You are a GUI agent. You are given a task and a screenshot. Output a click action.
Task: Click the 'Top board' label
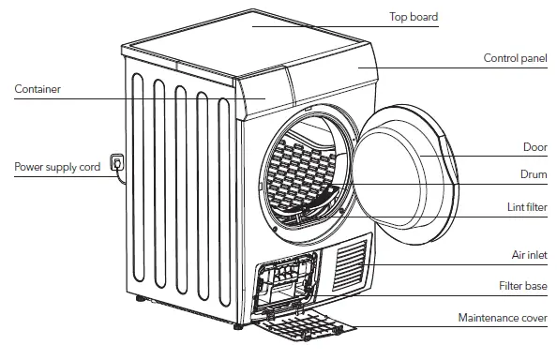click(x=413, y=17)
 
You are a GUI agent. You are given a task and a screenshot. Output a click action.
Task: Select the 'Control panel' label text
click(x=515, y=58)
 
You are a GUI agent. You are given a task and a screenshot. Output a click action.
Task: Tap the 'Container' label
click(x=38, y=90)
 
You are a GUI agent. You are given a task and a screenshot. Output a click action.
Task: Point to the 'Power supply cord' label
click(x=56, y=167)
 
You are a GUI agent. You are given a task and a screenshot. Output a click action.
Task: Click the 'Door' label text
click(x=534, y=147)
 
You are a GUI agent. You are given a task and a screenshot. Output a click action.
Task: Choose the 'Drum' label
click(x=534, y=174)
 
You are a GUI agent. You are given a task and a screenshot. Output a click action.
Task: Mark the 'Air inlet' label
click(x=528, y=255)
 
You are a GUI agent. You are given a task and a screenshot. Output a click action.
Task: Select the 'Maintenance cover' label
click(x=502, y=319)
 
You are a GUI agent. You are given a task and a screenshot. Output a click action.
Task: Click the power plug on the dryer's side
click(x=116, y=164)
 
